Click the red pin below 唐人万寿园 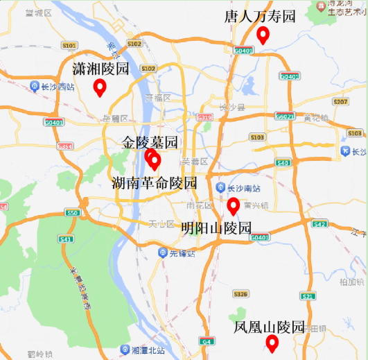pos(263,35)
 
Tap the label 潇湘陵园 pos(101,69)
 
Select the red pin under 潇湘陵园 pos(100,87)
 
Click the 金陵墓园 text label pos(150,143)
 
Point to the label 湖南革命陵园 pos(155,183)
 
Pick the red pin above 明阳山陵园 pos(234,205)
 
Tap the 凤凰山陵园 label pos(270,327)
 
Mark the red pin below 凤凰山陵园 pos(272,342)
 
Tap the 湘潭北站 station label pos(147,349)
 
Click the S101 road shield pos(69,45)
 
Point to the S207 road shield pos(340,102)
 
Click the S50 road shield pos(73,213)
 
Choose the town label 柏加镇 pos(351,282)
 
